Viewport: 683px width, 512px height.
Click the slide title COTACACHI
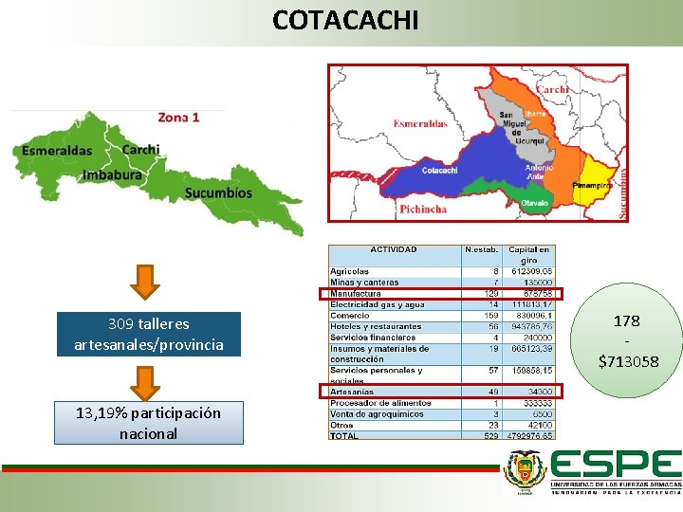click(x=344, y=19)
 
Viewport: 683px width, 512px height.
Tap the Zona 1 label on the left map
click(x=178, y=118)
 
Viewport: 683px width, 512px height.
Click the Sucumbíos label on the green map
click(x=218, y=192)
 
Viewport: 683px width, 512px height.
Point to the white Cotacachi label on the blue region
click(x=439, y=171)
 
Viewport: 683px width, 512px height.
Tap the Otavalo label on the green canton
click(x=535, y=203)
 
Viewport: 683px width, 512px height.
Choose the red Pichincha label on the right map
click(x=423, y=210)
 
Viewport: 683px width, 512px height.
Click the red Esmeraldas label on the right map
click(x=420, y=124)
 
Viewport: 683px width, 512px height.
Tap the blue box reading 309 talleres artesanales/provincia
click(x=149, y=334)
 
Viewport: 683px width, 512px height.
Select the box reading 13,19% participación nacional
click(x=149, y=423)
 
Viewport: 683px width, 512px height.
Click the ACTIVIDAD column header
click(x=393, y=250)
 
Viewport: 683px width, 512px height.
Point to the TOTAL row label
click(x=345, y=435)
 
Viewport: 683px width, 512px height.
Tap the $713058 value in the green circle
click(x=628, y=360)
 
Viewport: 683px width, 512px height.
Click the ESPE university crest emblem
click(x=524, y=471)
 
